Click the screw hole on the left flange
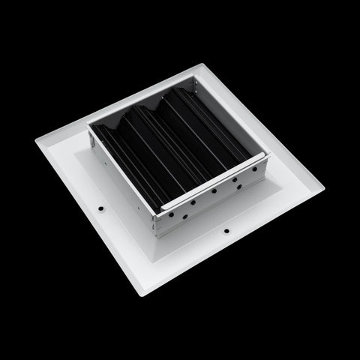click(100, 203)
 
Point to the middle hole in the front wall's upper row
click(214, 191)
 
